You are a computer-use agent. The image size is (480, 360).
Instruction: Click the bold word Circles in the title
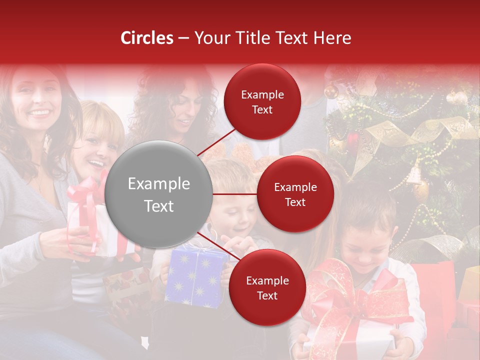(x=147, y=38)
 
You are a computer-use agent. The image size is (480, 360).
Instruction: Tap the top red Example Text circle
(x=262, y=102)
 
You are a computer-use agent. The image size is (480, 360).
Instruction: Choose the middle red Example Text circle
(x=295, y=194)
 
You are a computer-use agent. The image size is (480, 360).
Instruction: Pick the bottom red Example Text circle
(x=267, y=288)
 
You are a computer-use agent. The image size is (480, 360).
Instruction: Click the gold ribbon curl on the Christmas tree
(x=400, y=135)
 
